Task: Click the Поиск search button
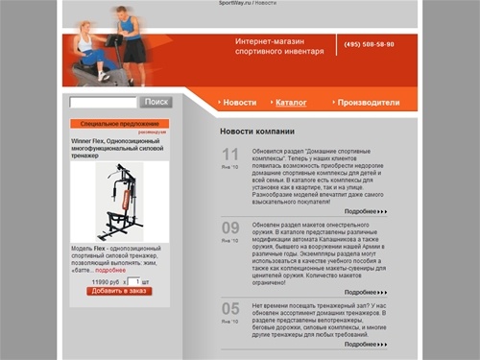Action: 156,102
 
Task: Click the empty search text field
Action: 104,102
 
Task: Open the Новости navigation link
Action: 240,102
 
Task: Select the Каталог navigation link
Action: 291,102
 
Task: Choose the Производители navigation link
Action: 369,102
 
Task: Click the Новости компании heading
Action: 256,132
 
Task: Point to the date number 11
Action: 230,155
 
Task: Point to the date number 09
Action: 230,228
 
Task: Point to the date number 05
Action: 230,308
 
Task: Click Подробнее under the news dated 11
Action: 365,210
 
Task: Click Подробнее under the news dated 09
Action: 365,291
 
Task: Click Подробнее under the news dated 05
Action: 365,343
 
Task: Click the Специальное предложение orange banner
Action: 119,124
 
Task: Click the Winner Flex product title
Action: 117,148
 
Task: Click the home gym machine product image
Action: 120,202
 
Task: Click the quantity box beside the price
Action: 133,281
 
